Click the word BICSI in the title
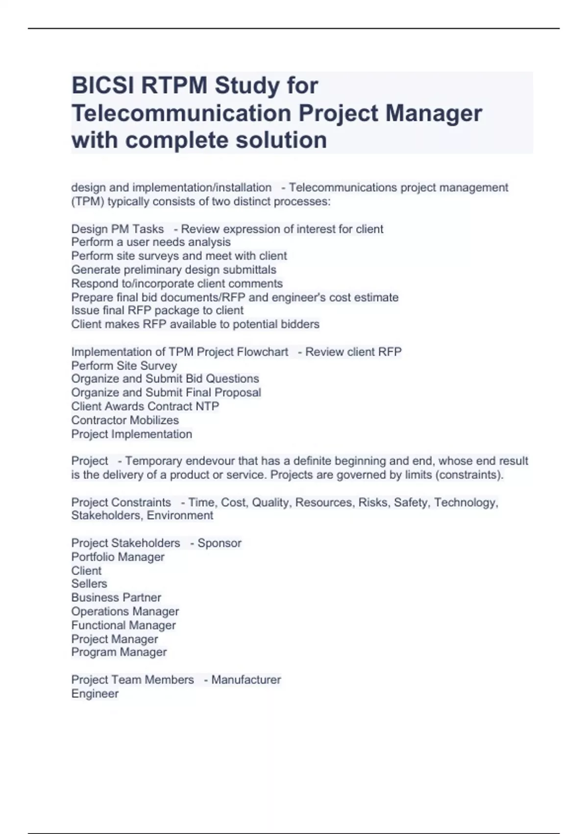(x=103, y=85)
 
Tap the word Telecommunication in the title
(x=181, y=113)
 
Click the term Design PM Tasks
(x=118, y=229)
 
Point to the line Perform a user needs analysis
(x=151, y=242)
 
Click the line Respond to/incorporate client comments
(x=177, y=284)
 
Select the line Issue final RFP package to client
(x=157, y=311)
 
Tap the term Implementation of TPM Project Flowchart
(x=180, y=352)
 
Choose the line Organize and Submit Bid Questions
(x=165, y=379)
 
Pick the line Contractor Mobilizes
(x=125, y=420)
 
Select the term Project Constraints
(x=121, y=502)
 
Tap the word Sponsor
(x=220, y=543)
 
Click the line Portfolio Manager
(x=118, y=557)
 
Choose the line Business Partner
(x=116, y=598)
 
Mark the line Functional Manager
(x=123, y=625)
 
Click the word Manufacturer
(x=246, y=680)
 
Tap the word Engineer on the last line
(x=95, y=694)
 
